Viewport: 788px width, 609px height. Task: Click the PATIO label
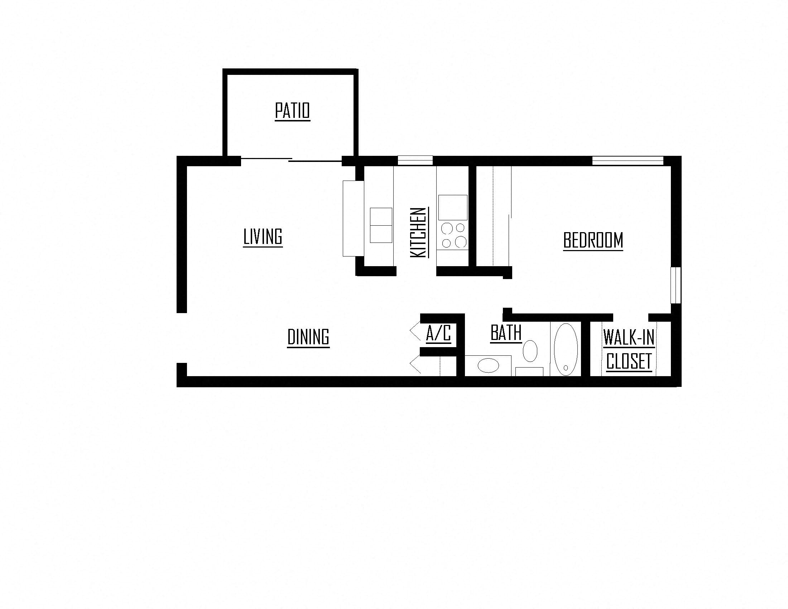(292, 111)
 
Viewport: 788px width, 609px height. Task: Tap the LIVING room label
(263, 237)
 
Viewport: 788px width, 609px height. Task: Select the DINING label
(308, 337)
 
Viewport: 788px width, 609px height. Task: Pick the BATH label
(506, 333)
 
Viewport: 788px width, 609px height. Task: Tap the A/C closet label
(438, 334)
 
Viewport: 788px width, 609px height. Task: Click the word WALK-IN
(629, 337)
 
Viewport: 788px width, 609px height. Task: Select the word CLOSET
(629, 361)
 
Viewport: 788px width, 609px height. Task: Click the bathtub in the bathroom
(566, 349)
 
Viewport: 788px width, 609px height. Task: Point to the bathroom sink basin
(488, 365)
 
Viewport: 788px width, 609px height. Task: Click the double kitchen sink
(381, 225)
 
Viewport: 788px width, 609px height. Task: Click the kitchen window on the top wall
(415, 160)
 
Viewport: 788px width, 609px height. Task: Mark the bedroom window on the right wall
(676, 286)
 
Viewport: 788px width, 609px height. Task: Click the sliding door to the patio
(291, 160)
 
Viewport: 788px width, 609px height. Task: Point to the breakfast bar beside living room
(353, 219)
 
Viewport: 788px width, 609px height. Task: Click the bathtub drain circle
(566, 368)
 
